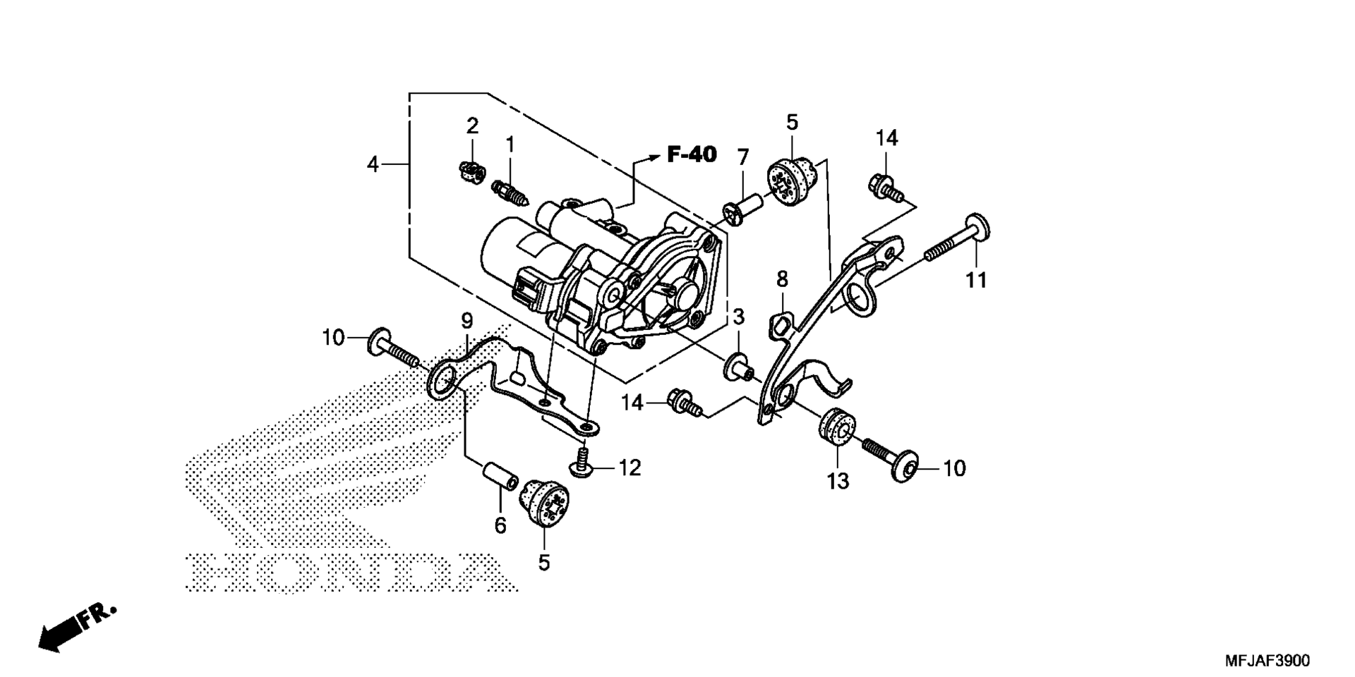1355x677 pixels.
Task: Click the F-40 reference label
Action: pyautogui.click(x=692, y=154)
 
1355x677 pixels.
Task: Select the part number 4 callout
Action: pyautogui.click(x=373, y=164)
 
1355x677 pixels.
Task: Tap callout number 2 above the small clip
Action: pyautogui.click(x=472, y=126)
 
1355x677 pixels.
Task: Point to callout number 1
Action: pyautogui.click(x=510, y=145)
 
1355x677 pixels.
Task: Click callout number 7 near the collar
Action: pyautogui.click(x=743, y=158)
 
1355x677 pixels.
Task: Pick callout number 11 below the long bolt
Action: pyautogui.click(x=976, y=280)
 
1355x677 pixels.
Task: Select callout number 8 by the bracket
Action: pyautogui.click(x=782, y=279)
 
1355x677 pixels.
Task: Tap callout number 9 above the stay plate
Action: pyautogui.click(x=466, y=322)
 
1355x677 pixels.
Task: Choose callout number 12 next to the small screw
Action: pyautogui.click(x=630, y=468)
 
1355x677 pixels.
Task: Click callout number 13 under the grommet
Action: pyautogui.click(x=838, y=481)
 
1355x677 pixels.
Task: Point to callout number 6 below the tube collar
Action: pyautogui.click(x=500, y=525)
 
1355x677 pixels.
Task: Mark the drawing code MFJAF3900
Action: pyautogui.click(x=1267, y=661)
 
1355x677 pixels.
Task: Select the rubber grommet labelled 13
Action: pyautogui.click(x=837, y=426)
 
